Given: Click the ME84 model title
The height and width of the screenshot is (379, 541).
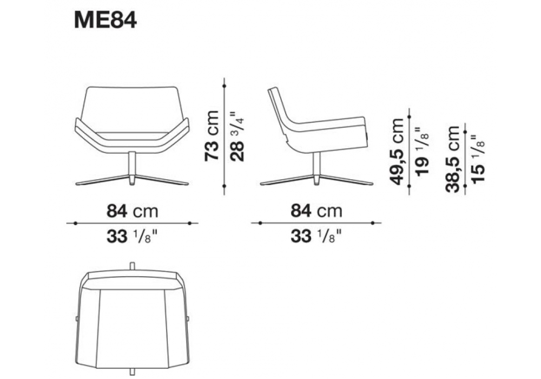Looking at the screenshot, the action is tap(105, 21).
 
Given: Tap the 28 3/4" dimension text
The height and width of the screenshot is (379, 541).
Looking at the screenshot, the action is tap(237, 136).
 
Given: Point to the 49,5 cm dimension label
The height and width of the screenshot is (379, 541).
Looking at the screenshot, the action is tap(395, 151).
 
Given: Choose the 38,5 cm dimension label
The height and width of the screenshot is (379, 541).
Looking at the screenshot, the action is tap(453, 159).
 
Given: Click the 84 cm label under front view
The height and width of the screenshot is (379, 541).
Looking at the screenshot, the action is tap(133, 211).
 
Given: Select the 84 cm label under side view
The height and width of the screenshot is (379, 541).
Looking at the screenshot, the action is tap(316, 211).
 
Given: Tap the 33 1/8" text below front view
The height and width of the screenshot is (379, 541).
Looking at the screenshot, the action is tap(133, 237).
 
